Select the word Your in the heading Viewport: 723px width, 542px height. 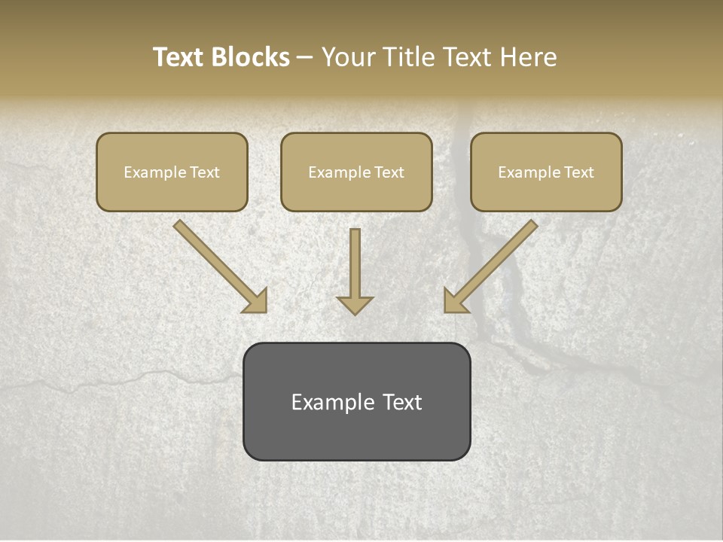click(347, 57)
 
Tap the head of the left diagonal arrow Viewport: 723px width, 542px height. click(257, 302)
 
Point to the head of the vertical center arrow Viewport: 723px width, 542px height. click(355, 304)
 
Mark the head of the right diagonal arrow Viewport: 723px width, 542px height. click(454, 302)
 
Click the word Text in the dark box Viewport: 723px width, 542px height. click(402, 402)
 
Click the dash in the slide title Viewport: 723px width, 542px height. click(306, 58)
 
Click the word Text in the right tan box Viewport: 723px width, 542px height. click(579, 172)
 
